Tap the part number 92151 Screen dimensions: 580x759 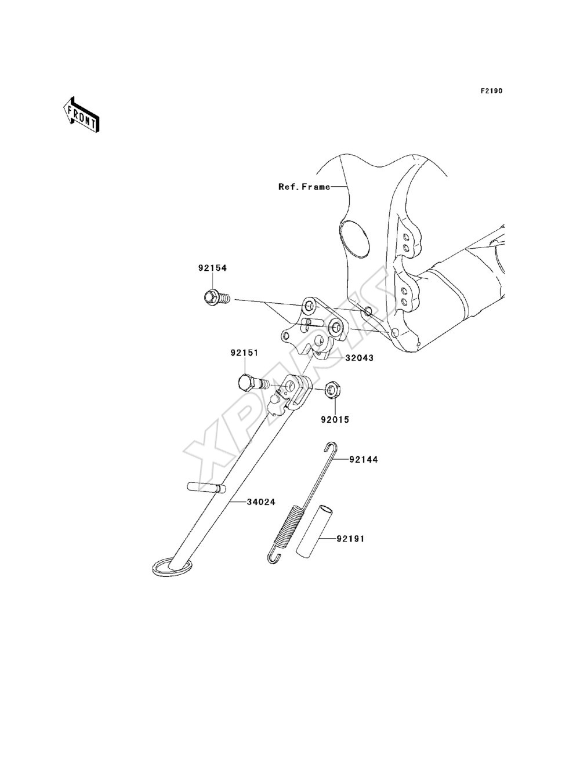click(x=245, y=353)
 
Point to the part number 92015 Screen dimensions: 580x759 click(x=335, y=420)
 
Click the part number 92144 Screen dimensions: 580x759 click(x=364, y=460)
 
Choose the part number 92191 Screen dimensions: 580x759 click(x=350, y=539)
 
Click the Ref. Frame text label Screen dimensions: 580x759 click(x=304, y=187)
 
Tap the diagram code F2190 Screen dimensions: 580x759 click(x=491, y=91)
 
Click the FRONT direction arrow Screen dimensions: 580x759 click(x=82, y=114)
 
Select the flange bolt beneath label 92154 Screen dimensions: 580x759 click(x=216, y=297)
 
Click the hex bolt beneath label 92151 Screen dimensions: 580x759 click(x=253, y=383)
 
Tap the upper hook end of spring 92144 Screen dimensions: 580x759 click(x=331, y=448)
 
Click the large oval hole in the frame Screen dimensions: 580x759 click(x=354, y=239)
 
